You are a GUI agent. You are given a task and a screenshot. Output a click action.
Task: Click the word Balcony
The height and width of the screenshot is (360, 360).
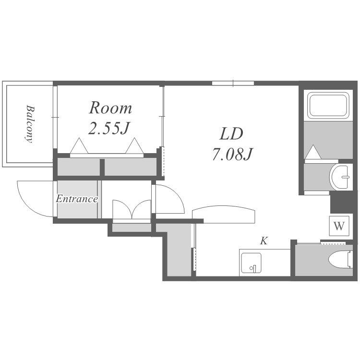(29, 124)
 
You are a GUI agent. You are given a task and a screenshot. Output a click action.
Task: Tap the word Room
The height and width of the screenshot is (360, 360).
(110, 108)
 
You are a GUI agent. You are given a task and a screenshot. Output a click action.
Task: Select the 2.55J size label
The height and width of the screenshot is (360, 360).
(109, 128)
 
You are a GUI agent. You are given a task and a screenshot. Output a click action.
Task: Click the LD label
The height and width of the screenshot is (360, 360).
(231, 134)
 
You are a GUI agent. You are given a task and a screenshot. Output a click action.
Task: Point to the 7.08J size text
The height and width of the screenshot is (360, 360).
(232, 154)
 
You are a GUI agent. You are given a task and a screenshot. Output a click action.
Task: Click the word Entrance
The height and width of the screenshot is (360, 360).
(77, 199)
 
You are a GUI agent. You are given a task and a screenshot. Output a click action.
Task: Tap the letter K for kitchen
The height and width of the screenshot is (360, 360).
(264, 241)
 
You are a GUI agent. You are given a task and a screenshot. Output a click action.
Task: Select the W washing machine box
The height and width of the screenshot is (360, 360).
(339, 226)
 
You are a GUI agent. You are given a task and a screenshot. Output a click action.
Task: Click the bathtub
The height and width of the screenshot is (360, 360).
(328, 105)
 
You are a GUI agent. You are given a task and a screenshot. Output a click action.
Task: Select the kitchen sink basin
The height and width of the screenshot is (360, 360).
(251, 263)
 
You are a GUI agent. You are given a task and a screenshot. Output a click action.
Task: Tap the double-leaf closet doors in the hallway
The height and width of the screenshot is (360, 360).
(132, 209)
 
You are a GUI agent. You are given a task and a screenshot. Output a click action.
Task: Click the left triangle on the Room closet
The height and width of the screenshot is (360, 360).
(79, 146)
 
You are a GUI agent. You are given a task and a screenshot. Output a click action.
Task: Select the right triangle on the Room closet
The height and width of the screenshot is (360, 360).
(134, 146)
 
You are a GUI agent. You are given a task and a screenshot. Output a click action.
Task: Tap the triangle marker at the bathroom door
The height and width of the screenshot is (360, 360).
(313, 152)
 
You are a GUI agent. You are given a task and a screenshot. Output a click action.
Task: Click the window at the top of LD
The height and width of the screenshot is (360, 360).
(233, 83)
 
